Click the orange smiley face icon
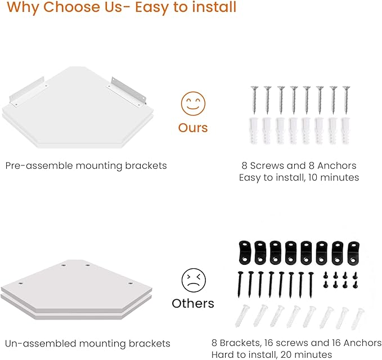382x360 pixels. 193,103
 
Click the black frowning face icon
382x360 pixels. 194,280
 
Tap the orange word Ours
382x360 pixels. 193,128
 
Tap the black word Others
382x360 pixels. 193,304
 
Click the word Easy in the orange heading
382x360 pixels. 152,7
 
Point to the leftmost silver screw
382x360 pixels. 254,100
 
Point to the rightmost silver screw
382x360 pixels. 346,100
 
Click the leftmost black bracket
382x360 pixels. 245,253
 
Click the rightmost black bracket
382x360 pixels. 353,253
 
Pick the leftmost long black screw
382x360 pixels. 240,285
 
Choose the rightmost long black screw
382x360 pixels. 311,285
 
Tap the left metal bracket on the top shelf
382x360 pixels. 27,91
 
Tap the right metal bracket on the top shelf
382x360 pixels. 126,92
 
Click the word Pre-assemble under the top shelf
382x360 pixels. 39,166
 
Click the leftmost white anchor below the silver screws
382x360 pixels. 254,131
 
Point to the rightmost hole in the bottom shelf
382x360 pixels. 131,283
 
